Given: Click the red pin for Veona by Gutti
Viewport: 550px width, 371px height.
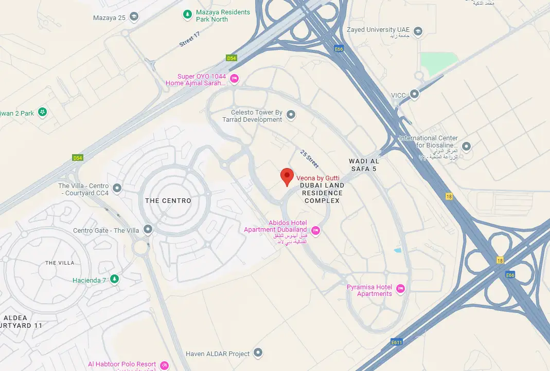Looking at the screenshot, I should pyautogui.click(x=287, y=177).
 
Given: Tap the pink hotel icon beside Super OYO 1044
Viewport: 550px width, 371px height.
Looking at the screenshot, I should pyautogui.click(x=234, y=79).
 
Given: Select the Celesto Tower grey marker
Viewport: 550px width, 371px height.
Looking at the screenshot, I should pyautogui.click(x=291, y=115).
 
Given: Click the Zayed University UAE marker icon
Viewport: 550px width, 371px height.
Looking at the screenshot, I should pyautogui.click(x=418, y=31).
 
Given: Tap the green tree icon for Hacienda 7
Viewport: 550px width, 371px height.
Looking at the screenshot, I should pyautogui.click(x=115, y=280).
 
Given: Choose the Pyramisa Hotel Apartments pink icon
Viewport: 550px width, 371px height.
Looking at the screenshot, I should pyautogui.click(x=401, y=289).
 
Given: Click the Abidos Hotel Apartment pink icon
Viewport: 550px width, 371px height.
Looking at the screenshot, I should pyautogui.click(x=316, y=231).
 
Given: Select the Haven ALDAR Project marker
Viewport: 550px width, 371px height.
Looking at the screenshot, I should pyautogui.click(x=258, y=353).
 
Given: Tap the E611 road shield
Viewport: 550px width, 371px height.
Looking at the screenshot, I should pyautogui.click(x=396, y=342).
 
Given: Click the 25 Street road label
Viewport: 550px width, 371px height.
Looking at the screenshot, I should pyautogui.click(x=309, y=159).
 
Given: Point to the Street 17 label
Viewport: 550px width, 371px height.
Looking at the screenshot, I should pyautogui.click(x=189, y=40).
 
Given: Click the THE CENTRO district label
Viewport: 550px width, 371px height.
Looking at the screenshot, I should pyautogui.click(x=168, y=201).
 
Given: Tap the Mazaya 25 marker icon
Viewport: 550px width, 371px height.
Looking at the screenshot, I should pyautogui.click(x=134, y=17).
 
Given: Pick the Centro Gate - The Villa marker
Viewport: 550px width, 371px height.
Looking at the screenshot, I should pyautogui.click(x=148, y=229).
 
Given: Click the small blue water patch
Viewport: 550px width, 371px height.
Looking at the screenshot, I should pyautogui.click(x=397, y=250).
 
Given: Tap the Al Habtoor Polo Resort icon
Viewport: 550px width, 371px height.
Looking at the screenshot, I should pyautogui.click(x=165, y=365).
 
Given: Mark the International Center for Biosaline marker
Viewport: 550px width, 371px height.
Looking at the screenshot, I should pyautogui.click(x=467, y=146).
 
